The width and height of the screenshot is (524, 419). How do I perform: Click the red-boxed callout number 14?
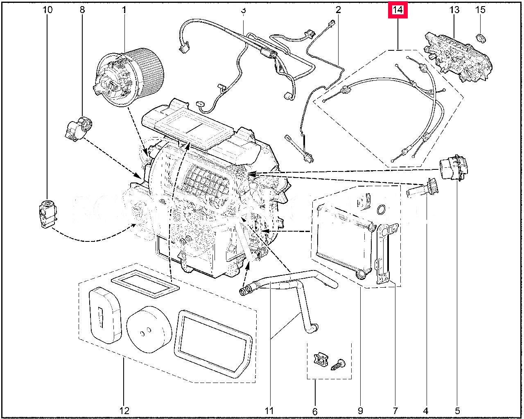pyautogui.click(x=398, y=9)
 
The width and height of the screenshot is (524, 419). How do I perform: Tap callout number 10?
pyautogui.click(x=47, y=9)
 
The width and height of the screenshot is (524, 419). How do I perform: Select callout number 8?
pyautogui.click(x=82, y=9)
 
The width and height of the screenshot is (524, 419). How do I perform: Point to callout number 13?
pyautogui.click(x=454, y=9)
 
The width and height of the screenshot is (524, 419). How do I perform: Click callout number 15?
pyautogui.click(x=480, y=9)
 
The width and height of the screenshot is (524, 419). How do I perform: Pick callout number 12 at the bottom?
pyautogui.click(x=124, y=410)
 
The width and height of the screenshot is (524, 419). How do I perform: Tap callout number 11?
pyautogui.click(x=269, y=410)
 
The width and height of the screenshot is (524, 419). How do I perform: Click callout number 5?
pyautogui.click(x=457, y=410)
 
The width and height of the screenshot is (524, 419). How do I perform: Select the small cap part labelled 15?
pyautogui.click(x=481, y=38)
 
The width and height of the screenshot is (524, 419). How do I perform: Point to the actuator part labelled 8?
pyautogui.click(x=78, y=128)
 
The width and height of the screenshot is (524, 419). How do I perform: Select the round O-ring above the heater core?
pyautogui.click(x=381, y=210)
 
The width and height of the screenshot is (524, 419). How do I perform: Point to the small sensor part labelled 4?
pyautogui.click(x=422, y=190)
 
